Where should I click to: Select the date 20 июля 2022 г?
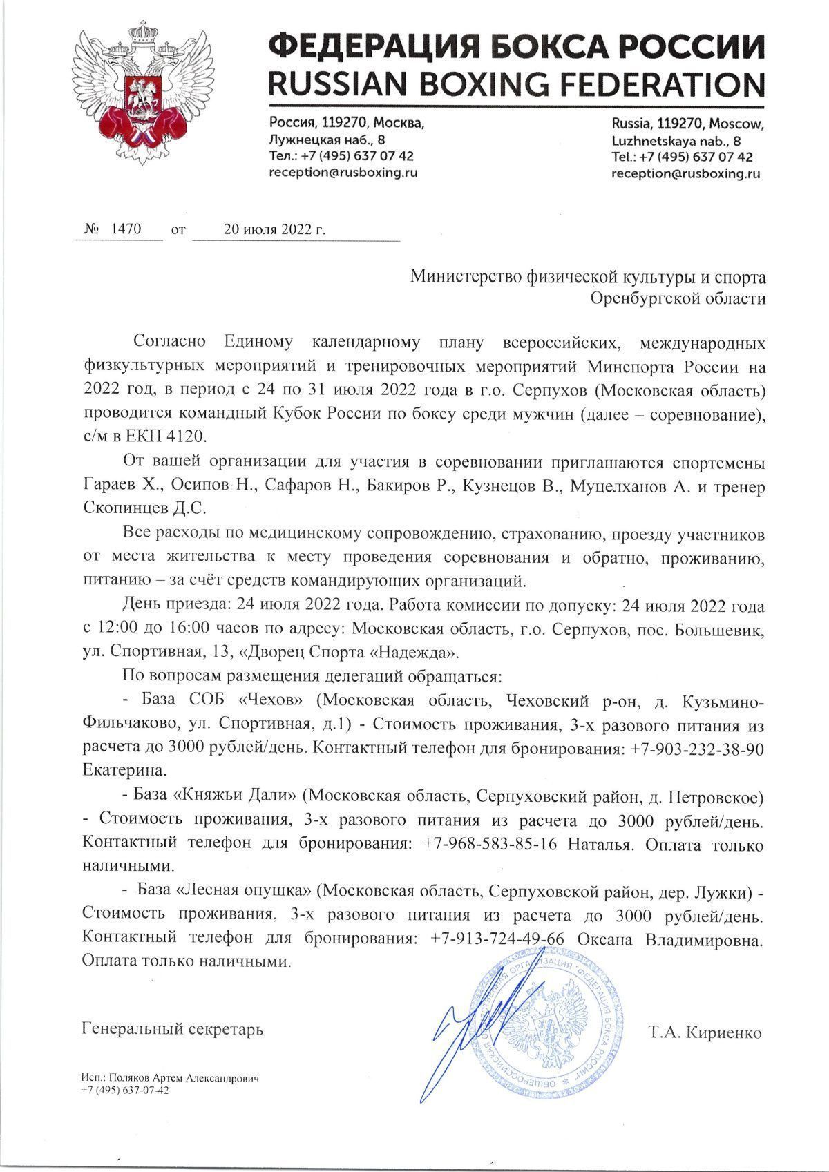[x=274, y=230]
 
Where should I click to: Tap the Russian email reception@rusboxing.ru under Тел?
[x=343, y=173]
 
